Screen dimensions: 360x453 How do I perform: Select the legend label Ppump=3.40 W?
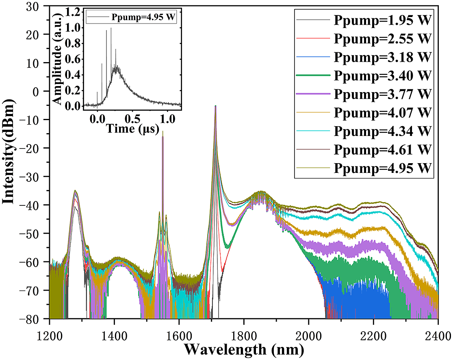click(382, 75)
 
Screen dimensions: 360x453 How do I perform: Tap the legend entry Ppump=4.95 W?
click(382, 168)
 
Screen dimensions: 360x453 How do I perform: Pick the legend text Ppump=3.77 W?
click(382, 94)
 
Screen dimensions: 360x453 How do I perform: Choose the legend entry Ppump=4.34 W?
click(382, 131)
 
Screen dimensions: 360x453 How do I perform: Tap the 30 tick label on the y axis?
click(38, 7)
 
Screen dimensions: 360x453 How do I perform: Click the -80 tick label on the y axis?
click(35, 319)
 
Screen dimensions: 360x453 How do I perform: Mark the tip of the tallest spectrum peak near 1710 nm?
click(215, 106)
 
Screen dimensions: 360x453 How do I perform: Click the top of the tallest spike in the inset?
click(111, 28)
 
